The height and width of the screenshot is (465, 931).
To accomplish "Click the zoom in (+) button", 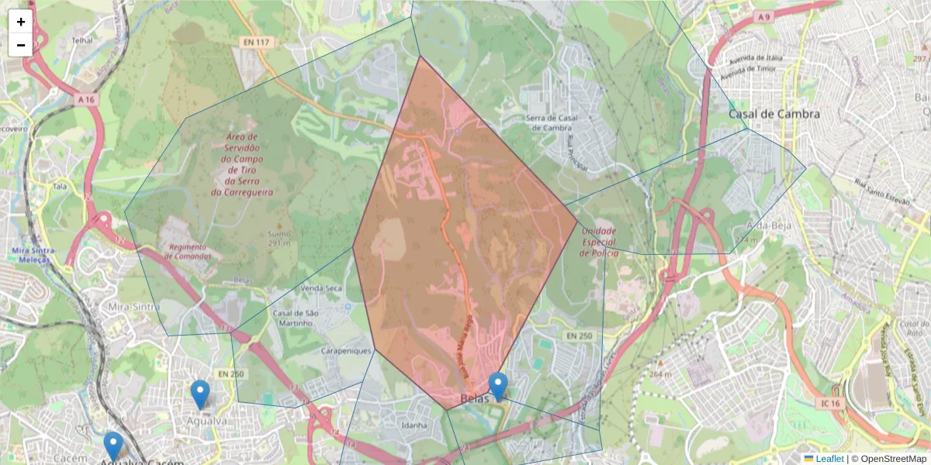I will tap(21, 22).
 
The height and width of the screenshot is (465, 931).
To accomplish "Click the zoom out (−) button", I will tap(21, 45).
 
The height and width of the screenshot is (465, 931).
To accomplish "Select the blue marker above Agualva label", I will tap(200, 394).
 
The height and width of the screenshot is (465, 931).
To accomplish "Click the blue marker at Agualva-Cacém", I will tap(113, 446).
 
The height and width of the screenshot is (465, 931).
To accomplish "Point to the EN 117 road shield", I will tap(254, 42).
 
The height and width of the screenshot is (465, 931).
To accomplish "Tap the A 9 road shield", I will tap(765, 17).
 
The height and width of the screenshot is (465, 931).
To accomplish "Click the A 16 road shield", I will tap(85, 99).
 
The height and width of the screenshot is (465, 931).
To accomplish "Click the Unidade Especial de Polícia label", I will tap(599, 242).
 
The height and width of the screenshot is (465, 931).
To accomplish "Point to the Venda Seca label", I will tap(321, 288).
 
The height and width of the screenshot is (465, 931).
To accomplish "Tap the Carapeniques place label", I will tap(346, 350).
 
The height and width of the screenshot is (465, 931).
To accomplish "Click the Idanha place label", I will tap(414, 425).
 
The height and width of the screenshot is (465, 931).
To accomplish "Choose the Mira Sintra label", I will tap(128, 307).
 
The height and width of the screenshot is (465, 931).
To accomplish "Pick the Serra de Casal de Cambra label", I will tap(552, 122).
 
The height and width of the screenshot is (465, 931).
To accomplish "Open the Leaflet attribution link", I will tap(829, 459).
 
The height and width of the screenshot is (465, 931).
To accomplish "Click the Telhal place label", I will tap(81, 40).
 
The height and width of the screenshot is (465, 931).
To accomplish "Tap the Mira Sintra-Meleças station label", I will tap(31, 255).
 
